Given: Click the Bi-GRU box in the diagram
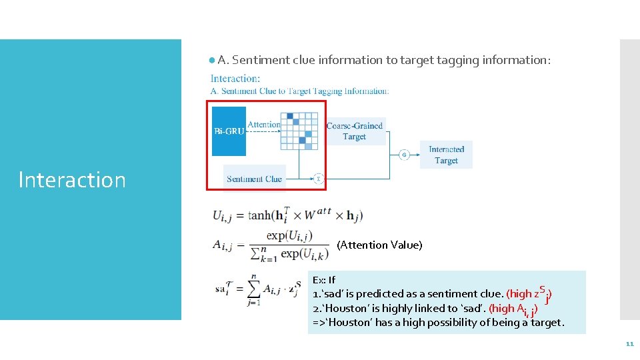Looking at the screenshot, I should pos(229,131).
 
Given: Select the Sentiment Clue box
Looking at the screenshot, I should pos(254,179).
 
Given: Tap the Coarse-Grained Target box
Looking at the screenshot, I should pos(355,131).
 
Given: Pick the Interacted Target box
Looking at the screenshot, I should pos(446,155).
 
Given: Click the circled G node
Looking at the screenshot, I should pos(404,155).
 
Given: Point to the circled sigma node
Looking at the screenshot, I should pos(318,179).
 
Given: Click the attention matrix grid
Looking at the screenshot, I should pos(298,130).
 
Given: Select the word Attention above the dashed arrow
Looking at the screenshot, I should pos(264,125).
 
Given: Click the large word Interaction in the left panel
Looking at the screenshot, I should pos(72,180).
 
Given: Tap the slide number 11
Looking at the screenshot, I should pos(629,344).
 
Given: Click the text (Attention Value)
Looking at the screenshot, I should pos(379,245).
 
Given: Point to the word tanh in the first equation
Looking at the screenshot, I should pos(259,215).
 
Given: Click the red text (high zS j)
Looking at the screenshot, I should pos(529,293).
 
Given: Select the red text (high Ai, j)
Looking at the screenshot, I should pos(513,309).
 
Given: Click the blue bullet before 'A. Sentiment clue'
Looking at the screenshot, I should pos(211,60).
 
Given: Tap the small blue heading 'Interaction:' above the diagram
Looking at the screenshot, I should pos(235,79).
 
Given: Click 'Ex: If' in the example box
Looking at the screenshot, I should pos(324,280).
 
